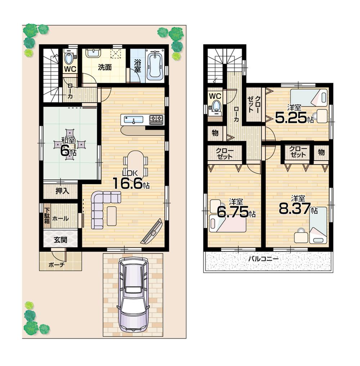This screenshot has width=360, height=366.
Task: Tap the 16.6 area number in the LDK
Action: (127, 183)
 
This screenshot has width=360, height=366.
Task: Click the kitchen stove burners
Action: (157, 119)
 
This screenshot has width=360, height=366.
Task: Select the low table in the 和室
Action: (70, 144)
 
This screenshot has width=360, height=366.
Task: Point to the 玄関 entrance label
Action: (60, 240)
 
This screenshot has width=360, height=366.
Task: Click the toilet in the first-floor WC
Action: (68, 58)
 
